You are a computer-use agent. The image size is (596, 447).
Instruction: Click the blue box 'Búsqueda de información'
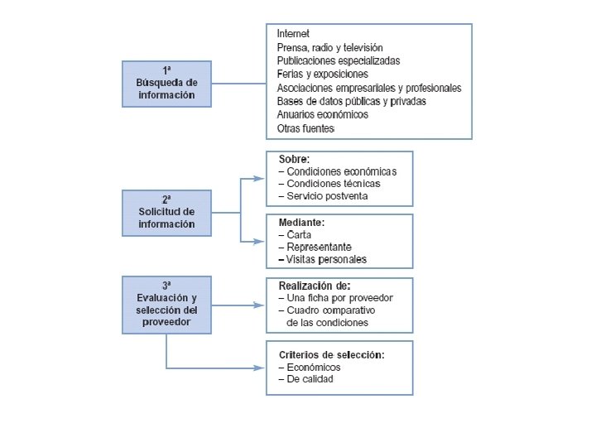[x=166, y=84]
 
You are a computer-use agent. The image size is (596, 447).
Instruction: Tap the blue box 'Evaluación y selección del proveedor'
[x=166, y=305]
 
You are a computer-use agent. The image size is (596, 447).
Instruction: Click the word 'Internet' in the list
[x=293, y=34]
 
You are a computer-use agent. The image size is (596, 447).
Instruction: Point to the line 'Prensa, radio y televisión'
[x=330, y=47]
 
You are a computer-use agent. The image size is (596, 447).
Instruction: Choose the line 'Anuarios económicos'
[x=323, y=114]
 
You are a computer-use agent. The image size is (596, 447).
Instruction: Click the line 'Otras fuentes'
[x=305, y=128]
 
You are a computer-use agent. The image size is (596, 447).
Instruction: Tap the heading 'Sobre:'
[x=294, y=159]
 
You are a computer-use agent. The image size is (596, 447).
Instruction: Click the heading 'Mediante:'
[x=300, y=223]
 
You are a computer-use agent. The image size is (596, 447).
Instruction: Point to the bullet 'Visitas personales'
[x=322, y=259]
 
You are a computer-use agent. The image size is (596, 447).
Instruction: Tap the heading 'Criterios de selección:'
[x=331, y=354]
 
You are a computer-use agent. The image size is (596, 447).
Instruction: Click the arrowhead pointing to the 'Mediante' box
[x=260, y=241]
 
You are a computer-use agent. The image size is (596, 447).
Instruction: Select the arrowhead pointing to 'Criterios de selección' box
[x=260, y=368]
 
